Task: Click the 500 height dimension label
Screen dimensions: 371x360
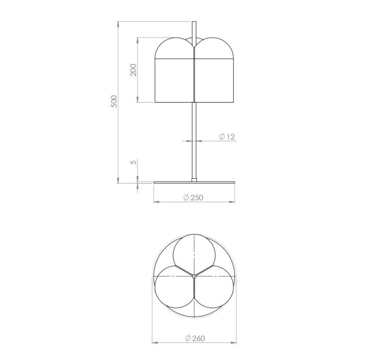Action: (114, 101)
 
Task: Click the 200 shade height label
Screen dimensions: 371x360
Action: (134, 70)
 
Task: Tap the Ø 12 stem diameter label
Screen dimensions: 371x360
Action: (227, 137)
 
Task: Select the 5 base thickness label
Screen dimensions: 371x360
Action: (134, 162)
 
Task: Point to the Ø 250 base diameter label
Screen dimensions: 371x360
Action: (193, 198)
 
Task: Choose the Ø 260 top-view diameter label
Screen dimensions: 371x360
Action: (195, 338)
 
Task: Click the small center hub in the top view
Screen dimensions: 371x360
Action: (194, 276)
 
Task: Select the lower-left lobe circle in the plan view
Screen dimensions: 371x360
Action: (155, 287)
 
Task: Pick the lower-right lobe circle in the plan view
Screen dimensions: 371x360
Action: (234, 287)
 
